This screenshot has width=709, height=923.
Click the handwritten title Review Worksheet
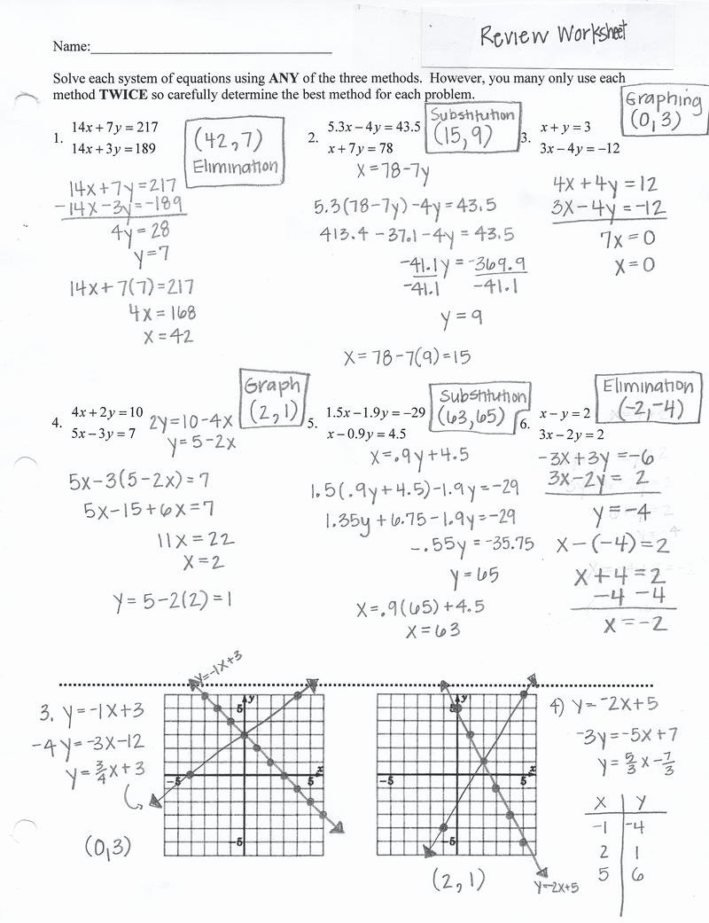(x=553, y=35)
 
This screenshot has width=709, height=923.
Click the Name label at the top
(x=71, y=46)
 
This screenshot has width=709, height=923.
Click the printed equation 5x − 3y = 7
(x=104, y=434)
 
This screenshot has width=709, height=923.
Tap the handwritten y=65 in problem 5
(x=474, y=577)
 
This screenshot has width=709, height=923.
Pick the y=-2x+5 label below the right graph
(x=557, y=886)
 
